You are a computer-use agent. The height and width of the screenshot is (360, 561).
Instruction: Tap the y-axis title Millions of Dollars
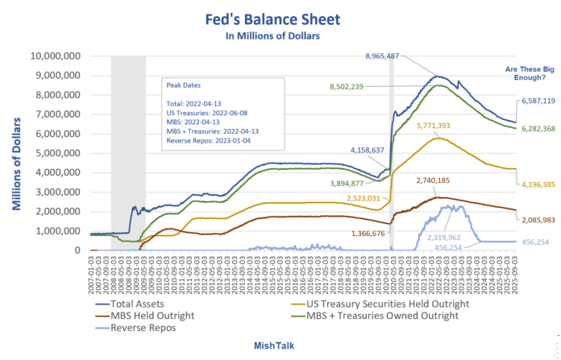coord(16,153)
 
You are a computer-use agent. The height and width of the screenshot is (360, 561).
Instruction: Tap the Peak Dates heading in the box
coord(179,85)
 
